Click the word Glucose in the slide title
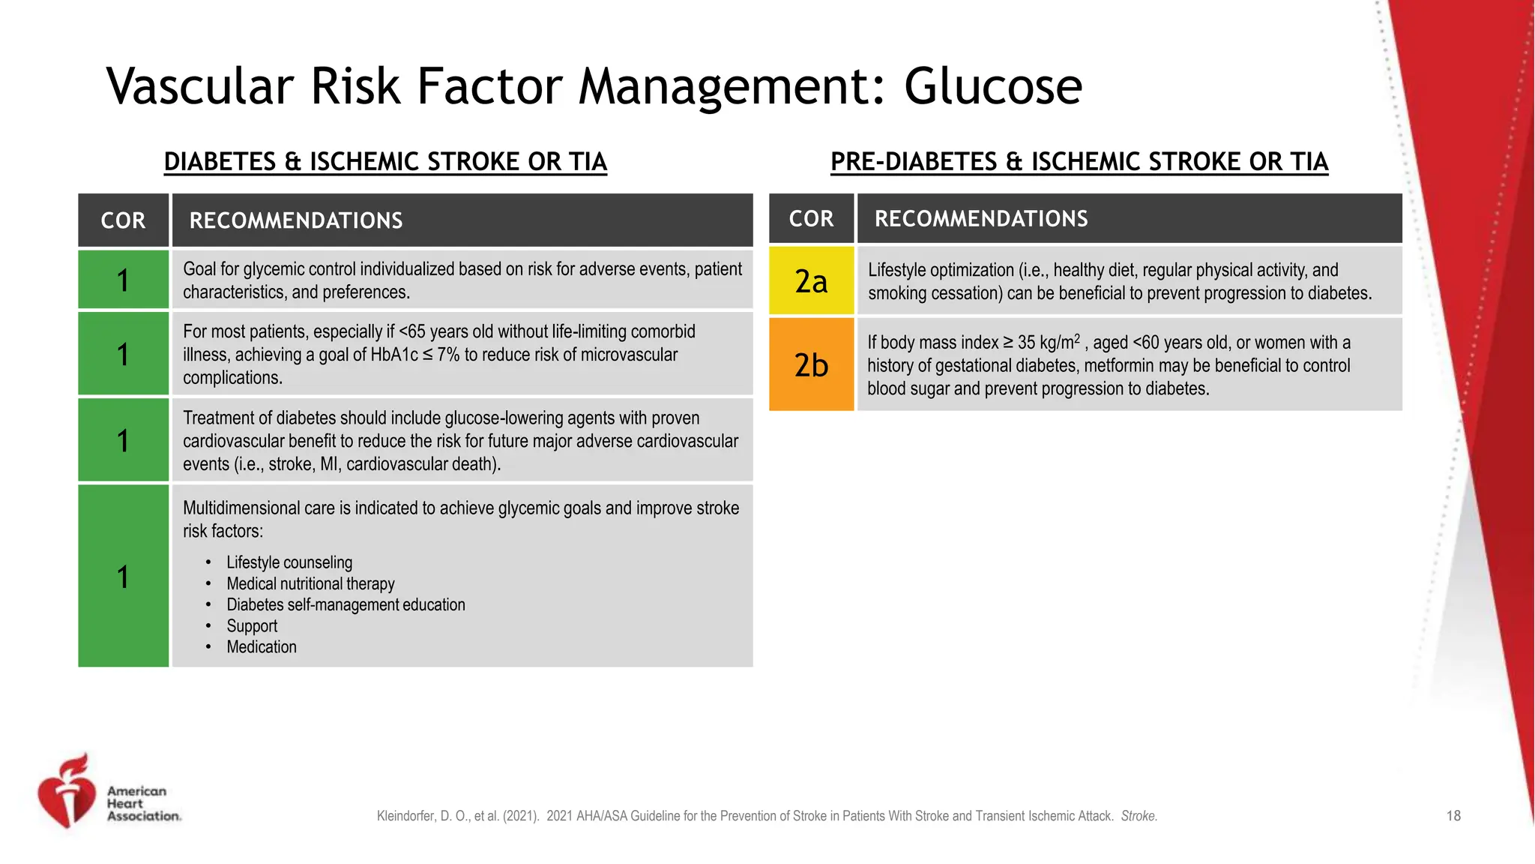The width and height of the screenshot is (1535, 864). (992, 87)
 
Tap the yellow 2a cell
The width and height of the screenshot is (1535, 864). (811, 280)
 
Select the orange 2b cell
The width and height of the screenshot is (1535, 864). (811, 364)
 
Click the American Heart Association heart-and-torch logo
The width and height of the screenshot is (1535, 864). (67, 792)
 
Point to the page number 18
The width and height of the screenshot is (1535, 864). (1453, 816)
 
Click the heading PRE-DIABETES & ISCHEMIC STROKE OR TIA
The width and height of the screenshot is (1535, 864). (1079, 162)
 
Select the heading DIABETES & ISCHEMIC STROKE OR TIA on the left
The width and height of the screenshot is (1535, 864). (385, 162)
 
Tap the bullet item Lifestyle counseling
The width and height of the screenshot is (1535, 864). (289, 562)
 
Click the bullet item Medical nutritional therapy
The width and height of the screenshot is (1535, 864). (310, 583)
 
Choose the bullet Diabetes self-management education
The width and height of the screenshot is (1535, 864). (346, 604)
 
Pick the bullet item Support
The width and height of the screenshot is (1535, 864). (252, 625)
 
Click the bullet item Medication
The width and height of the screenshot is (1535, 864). (262, 646)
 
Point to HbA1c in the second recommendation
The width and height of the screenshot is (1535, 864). (394, 355)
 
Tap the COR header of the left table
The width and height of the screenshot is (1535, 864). (123, 220)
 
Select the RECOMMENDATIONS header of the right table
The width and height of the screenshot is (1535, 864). (981, 219)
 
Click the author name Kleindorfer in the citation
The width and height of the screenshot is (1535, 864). (404, 816)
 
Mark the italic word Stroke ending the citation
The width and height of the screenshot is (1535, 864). (1139, 816)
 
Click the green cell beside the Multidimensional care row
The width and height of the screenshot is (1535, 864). (123, 576)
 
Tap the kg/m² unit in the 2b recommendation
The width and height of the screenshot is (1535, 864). (1060, 342)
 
